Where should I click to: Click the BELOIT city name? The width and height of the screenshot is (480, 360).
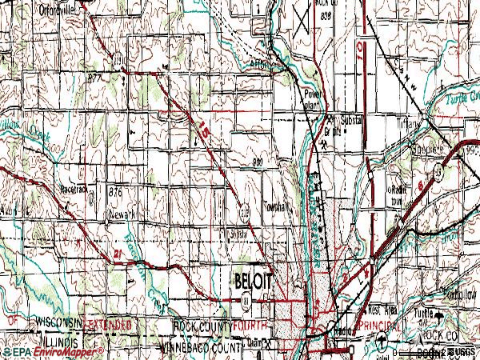tap(254, 281)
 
